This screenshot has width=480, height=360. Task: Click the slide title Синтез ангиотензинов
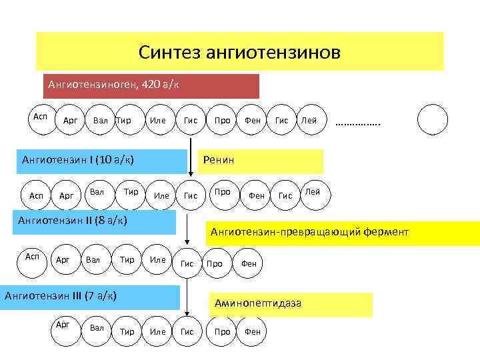[x=239, y=51]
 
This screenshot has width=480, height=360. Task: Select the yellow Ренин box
[x=261, y=161]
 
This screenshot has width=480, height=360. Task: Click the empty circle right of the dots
[x=431, y=120]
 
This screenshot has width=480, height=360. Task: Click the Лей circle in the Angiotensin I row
[x=312, y=192]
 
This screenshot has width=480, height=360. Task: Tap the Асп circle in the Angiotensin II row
[x=31, y=257]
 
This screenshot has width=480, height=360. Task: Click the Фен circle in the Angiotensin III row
[x=253, y=331]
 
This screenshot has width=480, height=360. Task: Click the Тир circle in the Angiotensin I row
[x=131, y=192]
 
